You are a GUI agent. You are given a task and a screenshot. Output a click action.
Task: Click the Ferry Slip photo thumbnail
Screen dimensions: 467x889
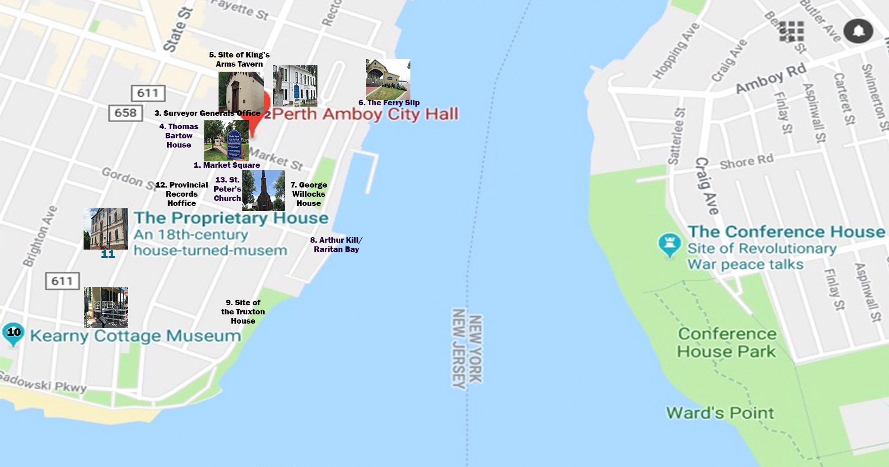tap(388, 80)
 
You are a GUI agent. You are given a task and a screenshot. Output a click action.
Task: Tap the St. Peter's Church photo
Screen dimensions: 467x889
tap(263, 190)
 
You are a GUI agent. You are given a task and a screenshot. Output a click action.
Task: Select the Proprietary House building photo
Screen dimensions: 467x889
tap(106, 229)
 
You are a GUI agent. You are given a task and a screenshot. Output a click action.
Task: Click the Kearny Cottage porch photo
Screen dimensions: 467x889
tap(106, 307)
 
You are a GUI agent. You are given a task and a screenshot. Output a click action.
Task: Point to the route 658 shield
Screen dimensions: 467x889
tap(126, 113)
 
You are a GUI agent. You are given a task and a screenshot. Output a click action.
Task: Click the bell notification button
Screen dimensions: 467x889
tap(858, 31)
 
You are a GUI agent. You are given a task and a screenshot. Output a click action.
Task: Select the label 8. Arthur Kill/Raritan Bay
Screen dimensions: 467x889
tap(336, 245)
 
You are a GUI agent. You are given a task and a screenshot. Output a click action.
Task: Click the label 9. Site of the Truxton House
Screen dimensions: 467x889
tap(243, 312)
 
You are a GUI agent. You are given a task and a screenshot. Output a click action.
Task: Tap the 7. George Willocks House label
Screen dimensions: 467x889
tap(309, 194)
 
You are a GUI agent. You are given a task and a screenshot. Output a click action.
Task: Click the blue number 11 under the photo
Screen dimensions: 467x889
tap(108, 255)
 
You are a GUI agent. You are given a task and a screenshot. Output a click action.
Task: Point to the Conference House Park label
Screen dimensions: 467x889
tap(727, 343)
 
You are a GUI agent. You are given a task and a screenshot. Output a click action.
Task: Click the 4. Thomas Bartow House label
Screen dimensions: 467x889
tap(179, 136)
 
